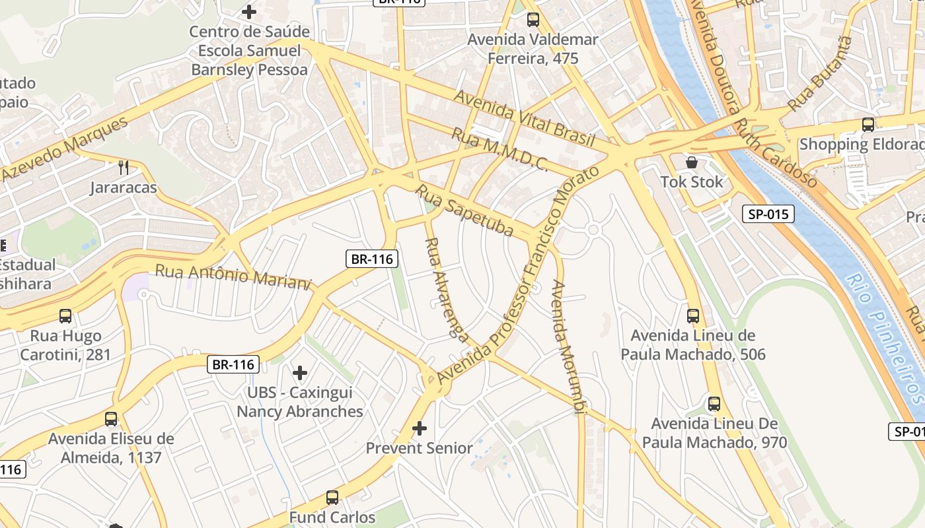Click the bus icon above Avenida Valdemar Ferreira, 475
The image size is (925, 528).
(x=533, y=20)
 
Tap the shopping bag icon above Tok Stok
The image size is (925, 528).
(x=692, y=162)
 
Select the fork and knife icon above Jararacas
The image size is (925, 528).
(x=124, y=168)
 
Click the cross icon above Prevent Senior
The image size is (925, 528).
(x=420, y=428)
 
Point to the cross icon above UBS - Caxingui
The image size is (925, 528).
(x=300, y=373)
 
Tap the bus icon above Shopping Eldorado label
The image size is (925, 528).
(x=868, y=124)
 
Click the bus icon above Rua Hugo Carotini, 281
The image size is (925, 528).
(x=65, y=316)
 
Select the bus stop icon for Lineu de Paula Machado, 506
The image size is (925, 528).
(x=692, y=316)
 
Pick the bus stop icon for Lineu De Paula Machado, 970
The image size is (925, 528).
(x=714, y=403)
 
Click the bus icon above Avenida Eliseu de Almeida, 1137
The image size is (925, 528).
(x=111, y=419)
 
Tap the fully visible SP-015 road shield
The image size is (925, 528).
(x=768, y=214)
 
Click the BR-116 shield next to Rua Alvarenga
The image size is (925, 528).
(x=372, y=259)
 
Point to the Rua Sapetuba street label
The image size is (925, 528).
(x=464, y=211)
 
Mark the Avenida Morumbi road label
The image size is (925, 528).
(x=568, y=347)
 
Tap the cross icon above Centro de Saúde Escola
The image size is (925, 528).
(x=249, y=12)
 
